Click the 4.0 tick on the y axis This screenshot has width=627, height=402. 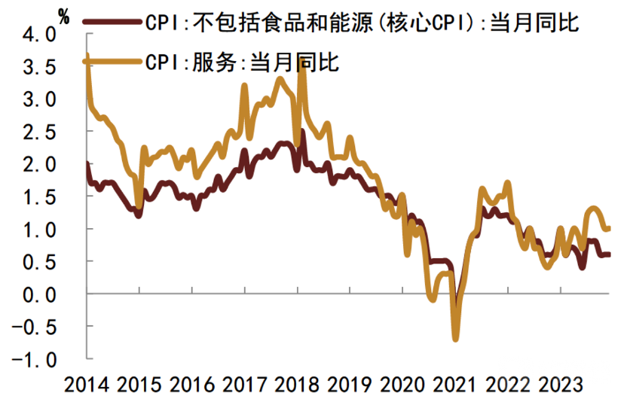tap(40, 35)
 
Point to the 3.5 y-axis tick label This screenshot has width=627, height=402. tap(40, 67)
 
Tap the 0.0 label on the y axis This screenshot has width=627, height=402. tap(40, 294)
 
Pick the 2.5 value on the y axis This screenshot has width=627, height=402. tap(40, 132)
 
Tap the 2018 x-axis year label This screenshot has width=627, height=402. tap(297, 385)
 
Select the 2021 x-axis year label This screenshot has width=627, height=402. tap(455, 385)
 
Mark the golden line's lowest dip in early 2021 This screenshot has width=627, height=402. tap(455, 339)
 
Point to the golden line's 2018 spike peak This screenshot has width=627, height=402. tap(303, 66)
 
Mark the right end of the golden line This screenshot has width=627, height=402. tap(608, 228)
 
